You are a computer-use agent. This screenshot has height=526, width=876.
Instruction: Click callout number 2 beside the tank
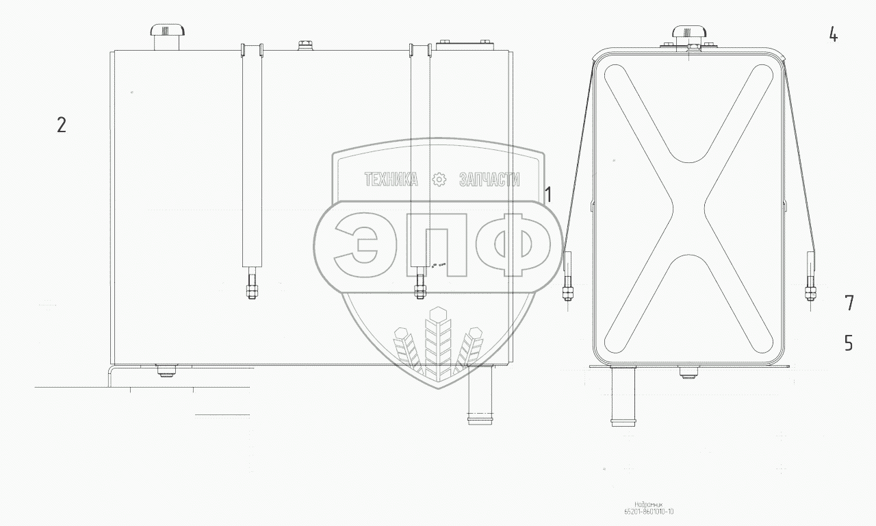pos(62,125)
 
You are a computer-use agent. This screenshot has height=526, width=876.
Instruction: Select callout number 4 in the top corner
pos(833,35)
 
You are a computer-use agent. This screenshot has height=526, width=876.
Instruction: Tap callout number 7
pos(849,303)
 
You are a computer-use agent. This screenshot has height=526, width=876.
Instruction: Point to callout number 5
pos(849,342)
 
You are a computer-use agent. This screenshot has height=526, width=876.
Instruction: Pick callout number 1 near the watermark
pos(547,195)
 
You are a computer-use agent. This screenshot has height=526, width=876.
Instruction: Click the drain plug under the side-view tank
pos(166,371)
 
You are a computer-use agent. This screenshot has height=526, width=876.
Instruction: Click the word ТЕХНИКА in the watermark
pos(391,179)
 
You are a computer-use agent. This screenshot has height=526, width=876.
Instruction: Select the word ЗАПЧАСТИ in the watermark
pos(489,179)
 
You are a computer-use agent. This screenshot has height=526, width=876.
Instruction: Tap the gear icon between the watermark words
pos(439,179)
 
